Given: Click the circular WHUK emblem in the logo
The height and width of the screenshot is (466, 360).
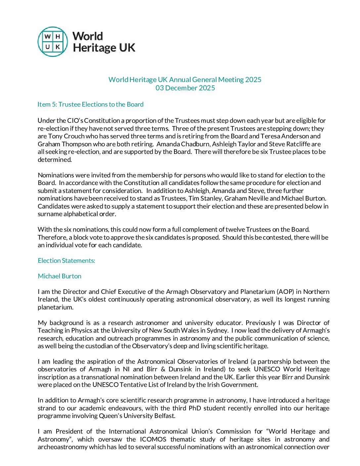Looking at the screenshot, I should [x=53, y=42].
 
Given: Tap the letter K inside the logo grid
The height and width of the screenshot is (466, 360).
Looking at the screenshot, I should [x=58, y=47].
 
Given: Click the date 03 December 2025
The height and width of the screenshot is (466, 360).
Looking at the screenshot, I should [x=185, y=88].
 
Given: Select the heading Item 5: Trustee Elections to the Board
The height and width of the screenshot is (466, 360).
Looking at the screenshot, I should [x=90, y=105].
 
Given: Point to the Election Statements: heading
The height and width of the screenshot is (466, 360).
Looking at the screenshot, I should [x=66, y=261].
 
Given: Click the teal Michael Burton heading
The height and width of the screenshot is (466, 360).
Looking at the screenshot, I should [x=60, y=276].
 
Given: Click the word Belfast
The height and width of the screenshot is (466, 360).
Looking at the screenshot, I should [x=163, y=416].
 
